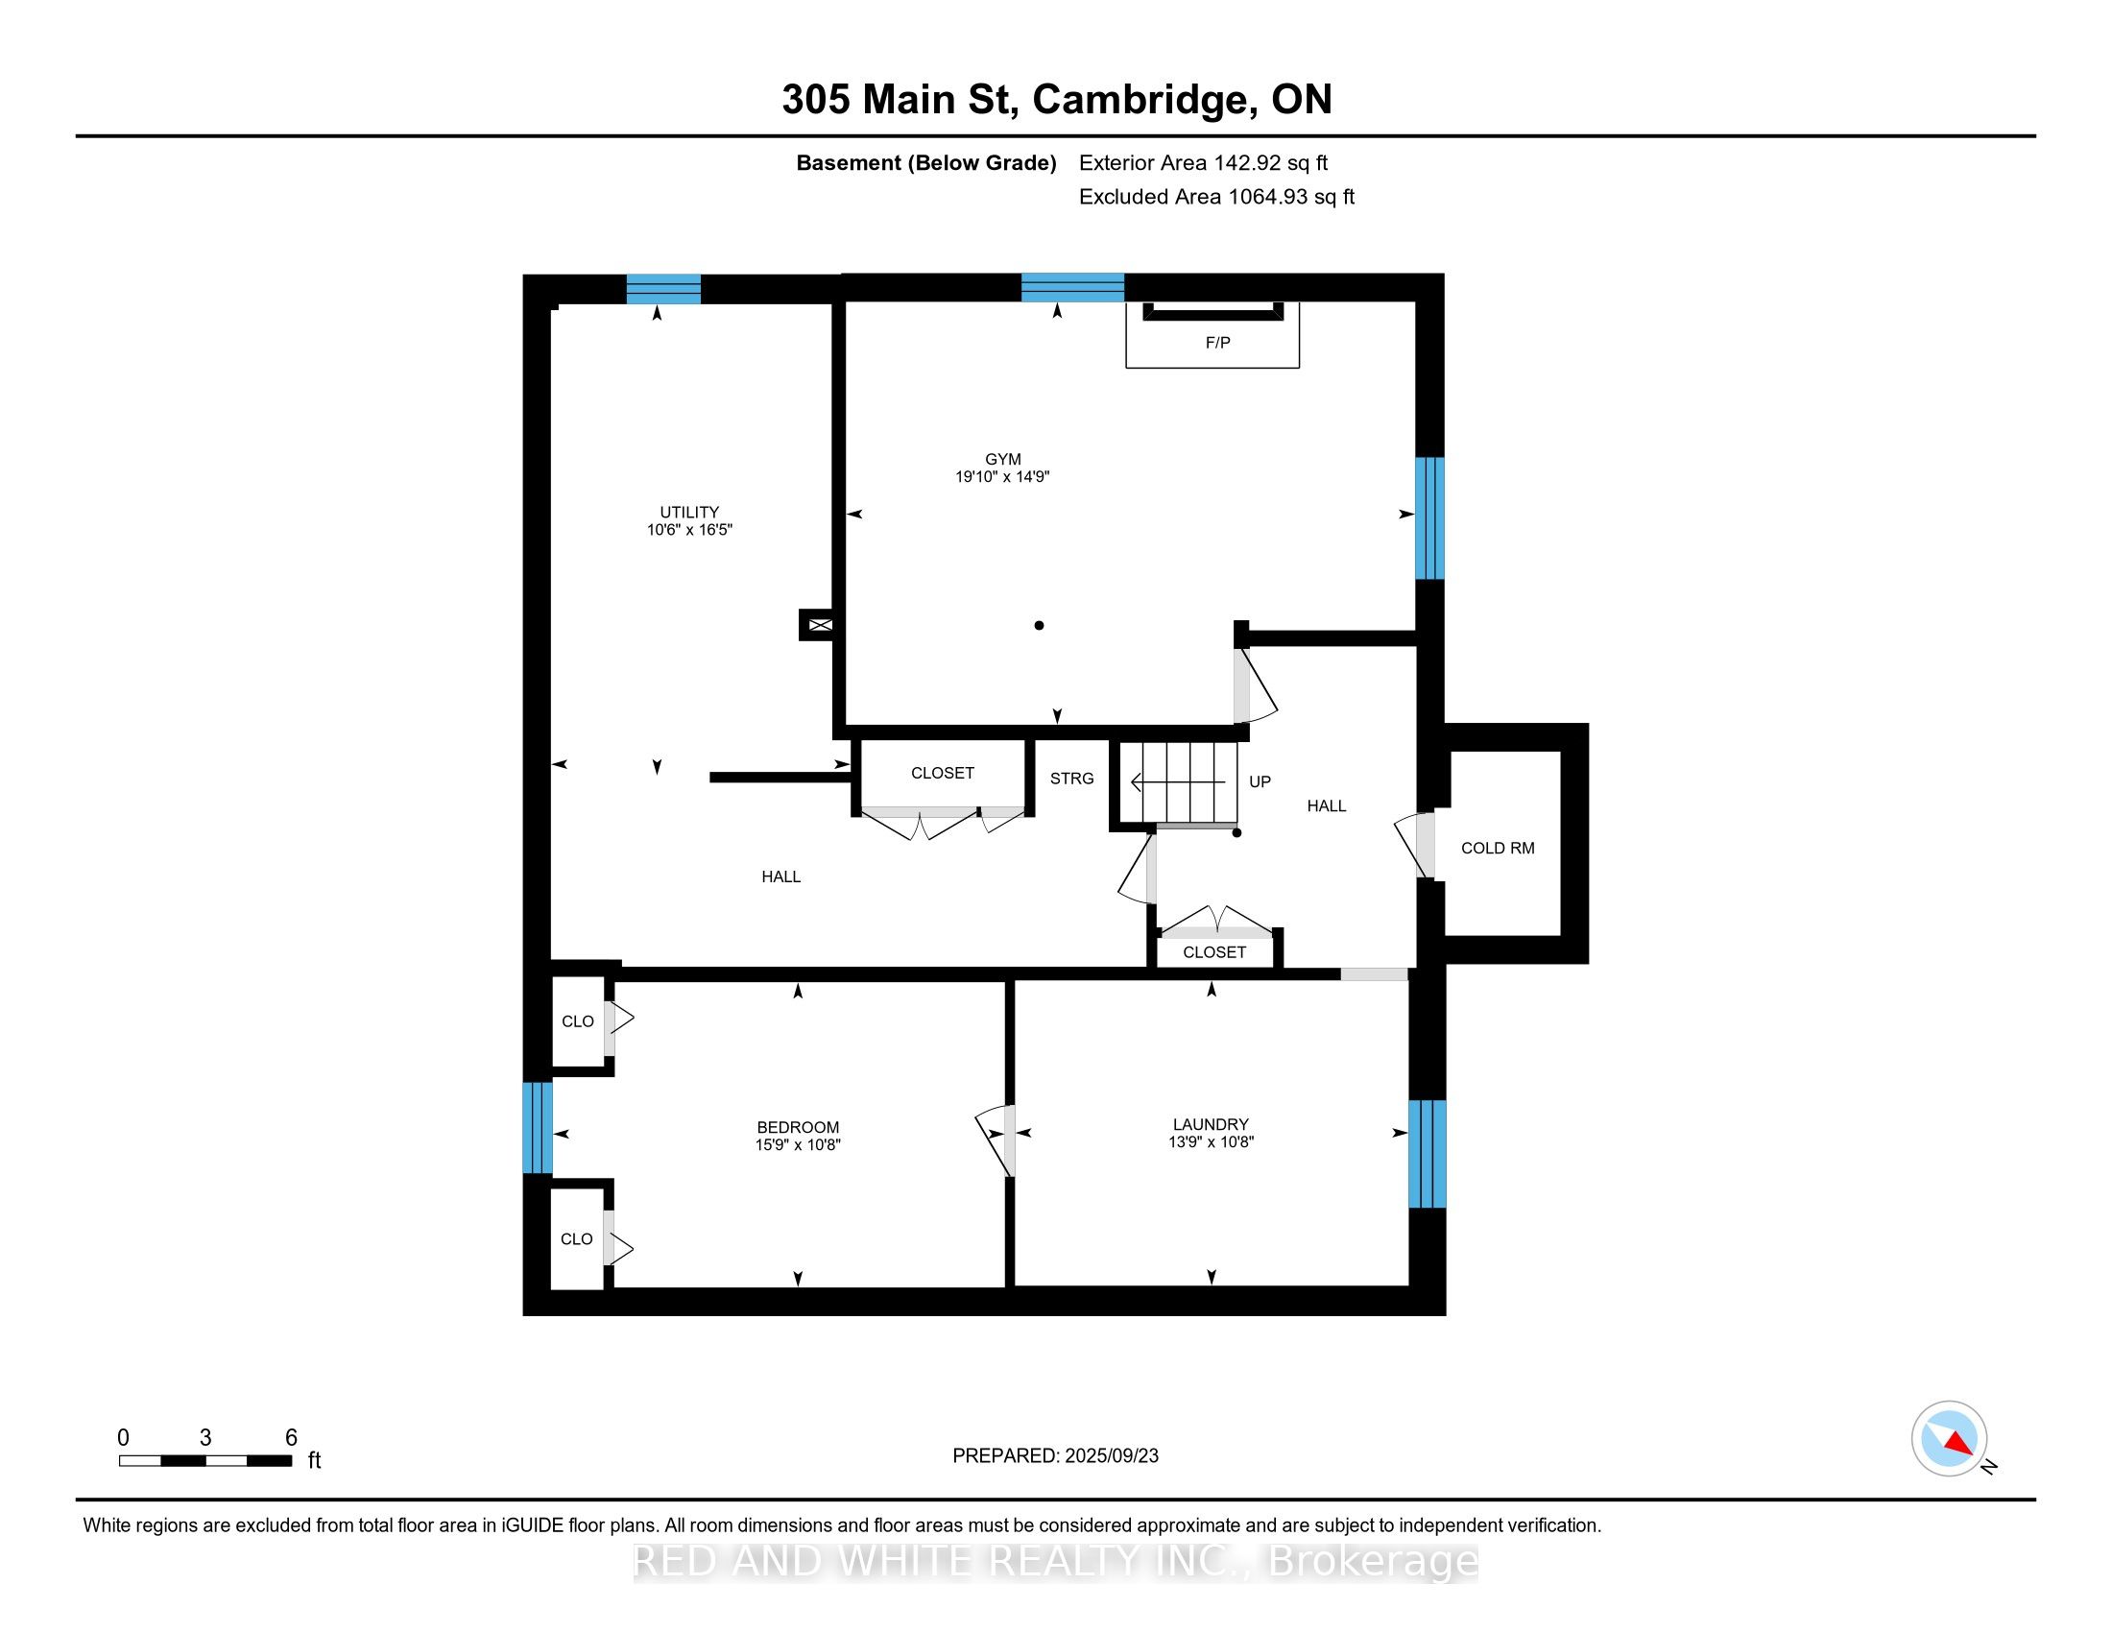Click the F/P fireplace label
[1217, 343]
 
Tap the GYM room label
[1003, 459]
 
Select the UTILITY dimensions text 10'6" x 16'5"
[689, 530]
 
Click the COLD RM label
[1497, 848]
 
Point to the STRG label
[1071, 779]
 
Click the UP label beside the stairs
[1260, 781]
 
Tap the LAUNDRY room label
[1211, 1124]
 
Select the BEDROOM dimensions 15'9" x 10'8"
[798, 1144]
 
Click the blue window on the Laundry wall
[1427, 1153]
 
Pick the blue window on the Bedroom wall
[537, 1127]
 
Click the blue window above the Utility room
[663, 289]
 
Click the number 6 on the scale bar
[291, 1438]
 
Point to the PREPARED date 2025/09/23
[1110, 1456]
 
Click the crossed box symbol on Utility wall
[820, 626]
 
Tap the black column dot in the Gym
[1040, 626]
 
